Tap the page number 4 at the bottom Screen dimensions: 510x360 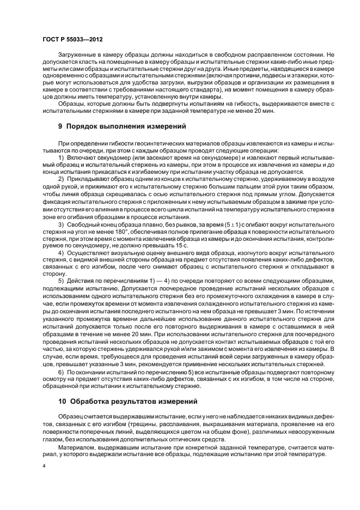pos(45,466)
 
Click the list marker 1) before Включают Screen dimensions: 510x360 pos(61,157)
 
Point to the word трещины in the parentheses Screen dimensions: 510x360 pos(159,423)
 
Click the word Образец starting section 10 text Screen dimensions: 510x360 pos(71,416)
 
